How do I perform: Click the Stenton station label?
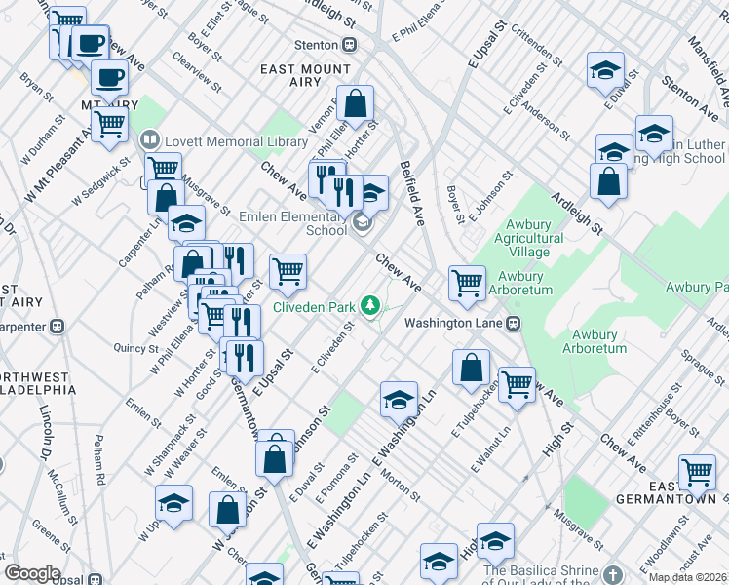(x=318, y=44)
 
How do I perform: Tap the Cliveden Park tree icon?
(x=370, y=307)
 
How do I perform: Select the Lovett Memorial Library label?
(x=237, y=141)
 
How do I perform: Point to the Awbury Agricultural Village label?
(x=522, y=238)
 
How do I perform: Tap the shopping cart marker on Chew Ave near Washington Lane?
(x=468, y=283)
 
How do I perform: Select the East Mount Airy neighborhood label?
(x=306, y=76)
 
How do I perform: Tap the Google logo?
(x=32, y=573)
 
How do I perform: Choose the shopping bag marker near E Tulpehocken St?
(x=471, y=368)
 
